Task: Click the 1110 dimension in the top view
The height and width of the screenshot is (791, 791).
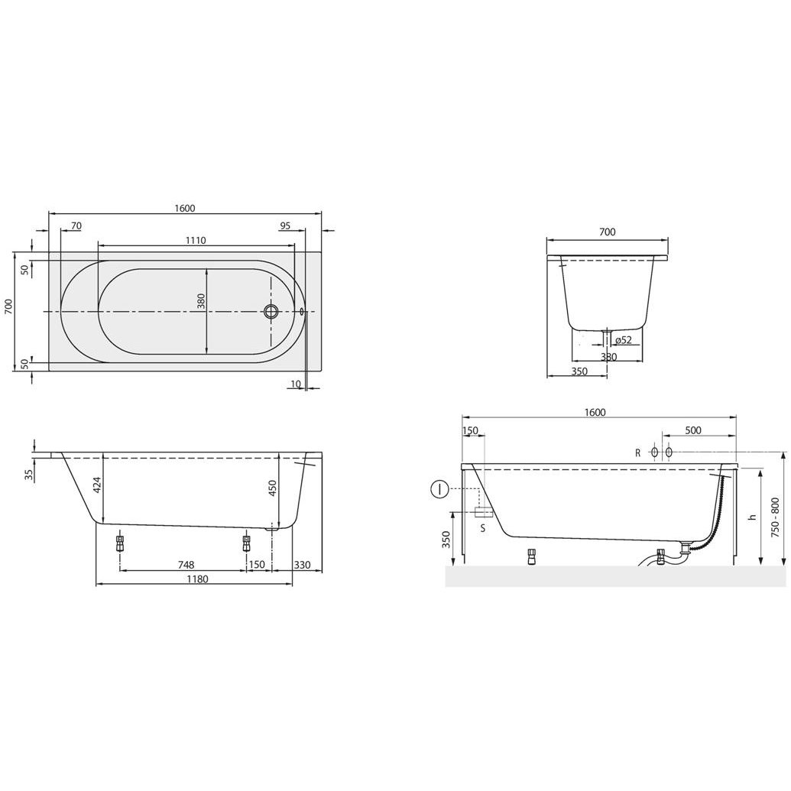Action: [x=196, y=240]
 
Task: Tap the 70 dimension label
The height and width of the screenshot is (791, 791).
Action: [x=76, y=225]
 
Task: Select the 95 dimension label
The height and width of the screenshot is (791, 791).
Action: [x=285, y=225]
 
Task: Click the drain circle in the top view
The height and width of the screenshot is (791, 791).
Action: [x=271, y=311]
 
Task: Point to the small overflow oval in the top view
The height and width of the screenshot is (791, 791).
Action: [x=302, y=311]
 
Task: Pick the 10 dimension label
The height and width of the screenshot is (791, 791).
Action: [x=296, y=384]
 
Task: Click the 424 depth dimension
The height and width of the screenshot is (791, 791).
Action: [x=98, y=485]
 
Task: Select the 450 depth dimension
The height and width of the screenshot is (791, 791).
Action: [x=272, y=488]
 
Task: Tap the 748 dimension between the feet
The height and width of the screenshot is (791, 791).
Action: [x=186, y=565]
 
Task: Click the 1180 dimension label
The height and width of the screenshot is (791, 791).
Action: [x=197, y=579]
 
